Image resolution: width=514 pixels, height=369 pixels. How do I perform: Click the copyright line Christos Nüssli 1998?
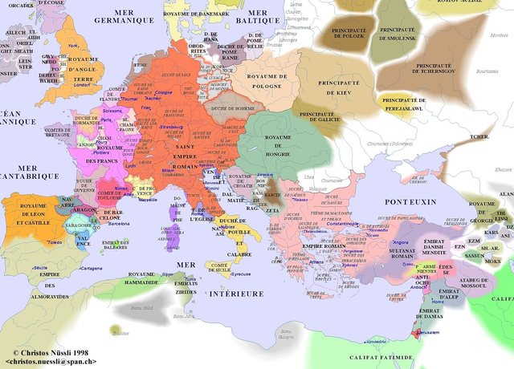tap(51, 352)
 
